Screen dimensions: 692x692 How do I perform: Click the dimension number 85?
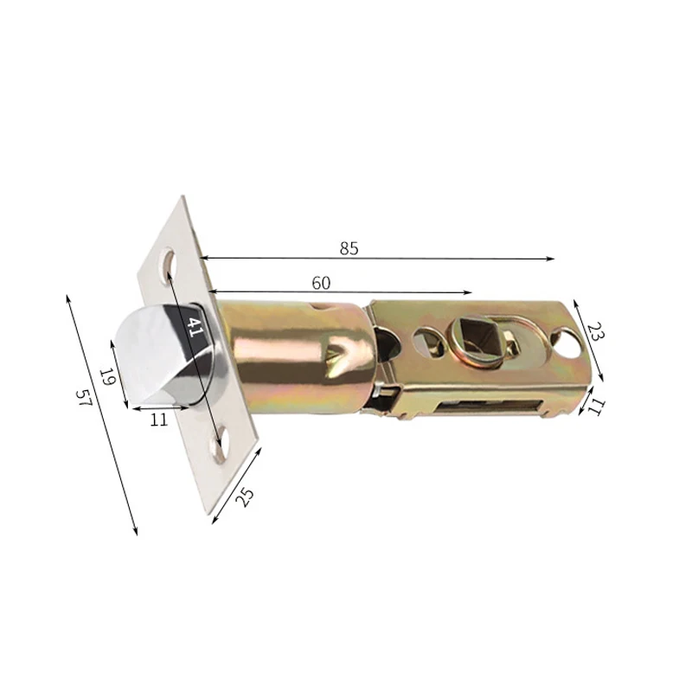click(349, 248)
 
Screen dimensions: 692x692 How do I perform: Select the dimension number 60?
click(321, 283)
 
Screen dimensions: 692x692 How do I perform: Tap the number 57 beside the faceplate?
click(83, 397)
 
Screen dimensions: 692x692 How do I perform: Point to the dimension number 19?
click(106, 376)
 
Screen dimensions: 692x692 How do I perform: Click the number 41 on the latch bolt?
click(195, 328)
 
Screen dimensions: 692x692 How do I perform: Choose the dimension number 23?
click(595, 331)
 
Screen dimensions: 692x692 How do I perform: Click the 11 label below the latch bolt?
click(159, 420)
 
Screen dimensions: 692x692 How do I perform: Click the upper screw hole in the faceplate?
click(168, 261)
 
